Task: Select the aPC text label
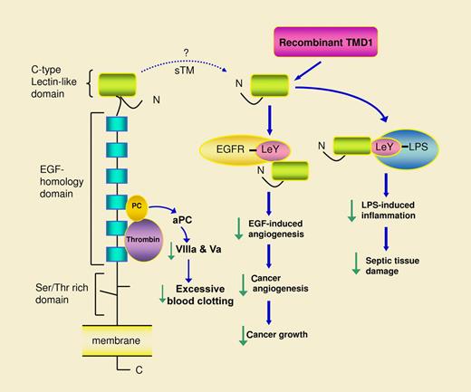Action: [190, 220]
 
